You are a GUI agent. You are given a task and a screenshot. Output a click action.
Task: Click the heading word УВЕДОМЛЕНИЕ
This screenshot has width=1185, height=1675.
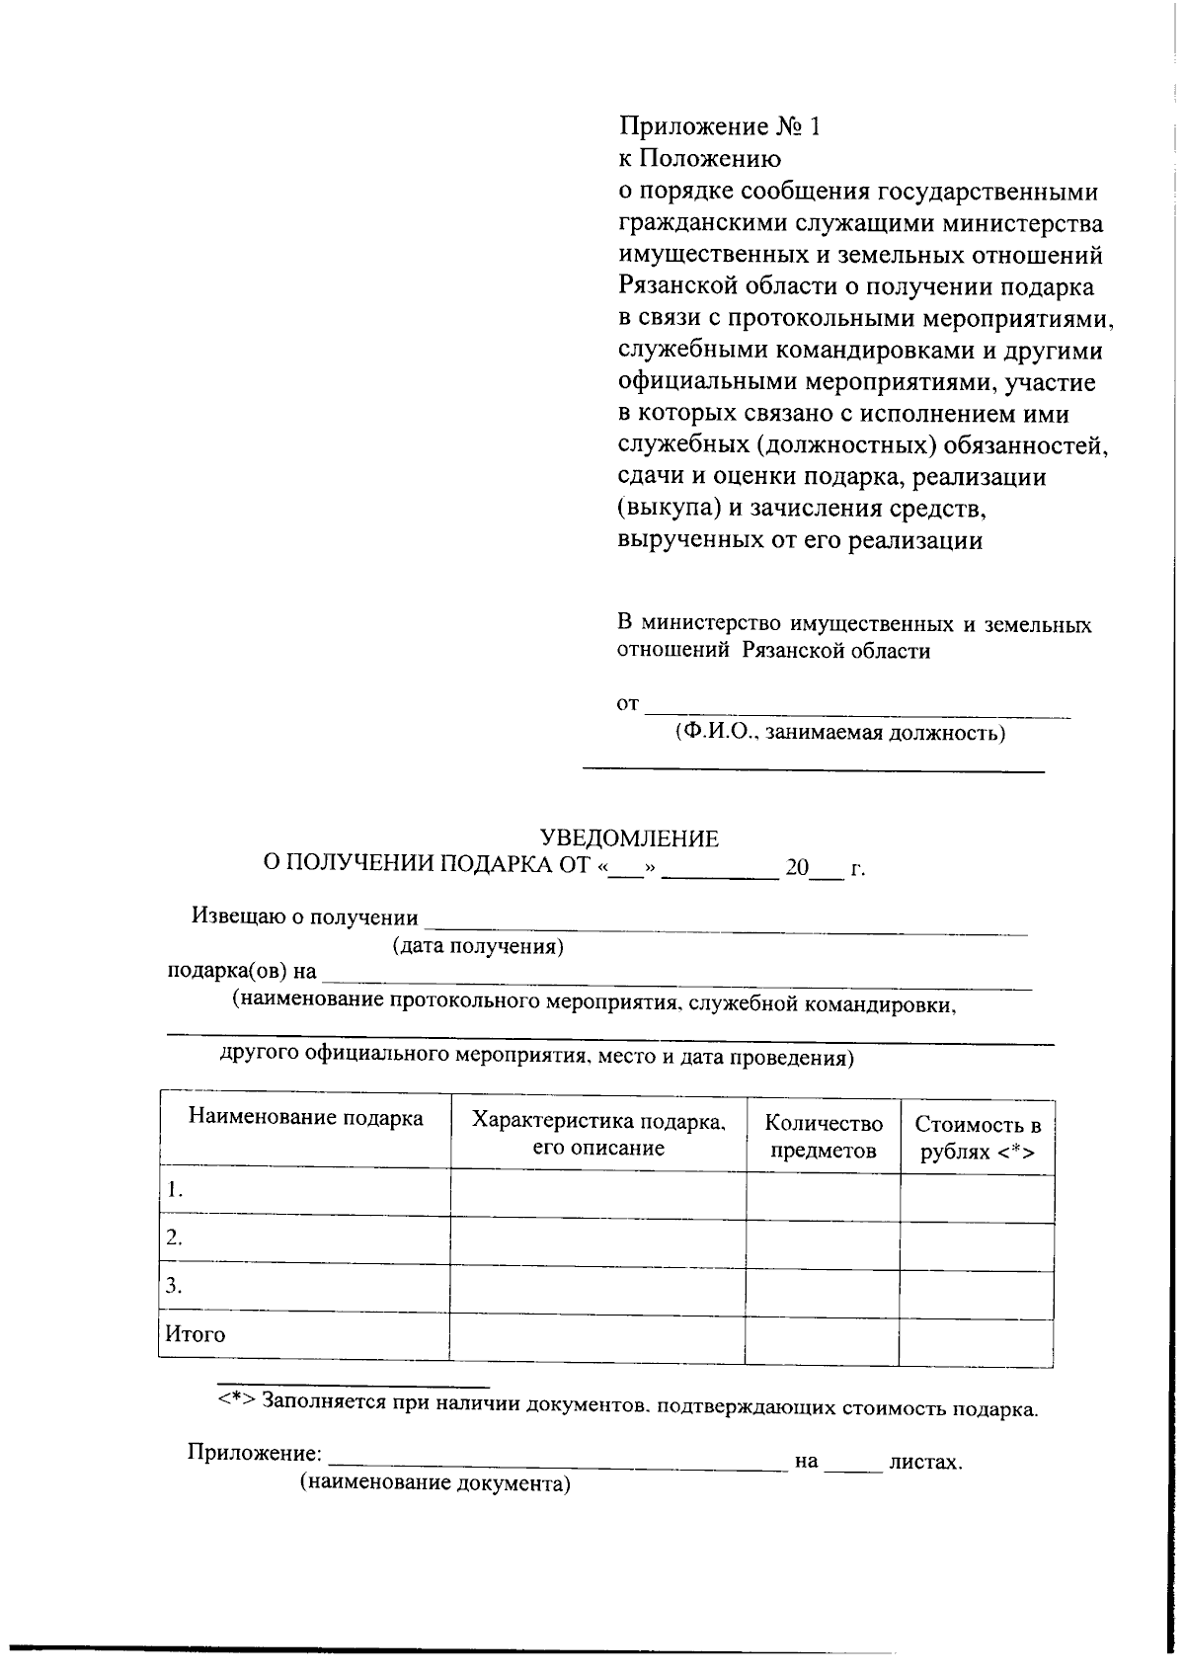628,839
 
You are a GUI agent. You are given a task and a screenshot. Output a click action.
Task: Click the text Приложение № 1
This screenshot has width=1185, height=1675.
719,127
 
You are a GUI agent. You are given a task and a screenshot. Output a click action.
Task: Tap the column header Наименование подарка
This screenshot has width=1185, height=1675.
305,1118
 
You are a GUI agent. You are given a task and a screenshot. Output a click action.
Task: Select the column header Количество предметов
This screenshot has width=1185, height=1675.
824,1137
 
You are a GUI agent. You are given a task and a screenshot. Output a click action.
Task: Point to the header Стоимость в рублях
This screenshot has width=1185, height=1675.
978,1138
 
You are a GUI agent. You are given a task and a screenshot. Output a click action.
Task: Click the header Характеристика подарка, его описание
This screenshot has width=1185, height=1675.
598,1134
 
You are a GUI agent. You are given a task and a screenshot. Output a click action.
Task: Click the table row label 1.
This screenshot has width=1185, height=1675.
175,1189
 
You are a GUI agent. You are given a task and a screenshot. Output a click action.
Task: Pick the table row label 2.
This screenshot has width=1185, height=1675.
175,1237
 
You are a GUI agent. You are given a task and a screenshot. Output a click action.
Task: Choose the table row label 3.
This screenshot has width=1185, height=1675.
175,1286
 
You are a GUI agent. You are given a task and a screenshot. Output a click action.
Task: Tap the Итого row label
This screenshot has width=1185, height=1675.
195,1335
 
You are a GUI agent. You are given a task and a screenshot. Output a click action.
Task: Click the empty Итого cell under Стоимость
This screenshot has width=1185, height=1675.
977,1340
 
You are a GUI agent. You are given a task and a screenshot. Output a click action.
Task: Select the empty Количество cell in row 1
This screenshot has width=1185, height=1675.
823,1195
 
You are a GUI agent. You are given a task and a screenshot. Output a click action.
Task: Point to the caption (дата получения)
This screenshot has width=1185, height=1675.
478,947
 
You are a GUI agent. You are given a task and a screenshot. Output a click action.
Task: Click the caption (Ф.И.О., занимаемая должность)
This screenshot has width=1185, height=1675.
840,733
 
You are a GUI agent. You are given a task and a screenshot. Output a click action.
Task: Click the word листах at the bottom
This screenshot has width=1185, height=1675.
924,1462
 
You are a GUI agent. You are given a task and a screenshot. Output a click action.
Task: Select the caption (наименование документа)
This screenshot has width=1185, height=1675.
435,1483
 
